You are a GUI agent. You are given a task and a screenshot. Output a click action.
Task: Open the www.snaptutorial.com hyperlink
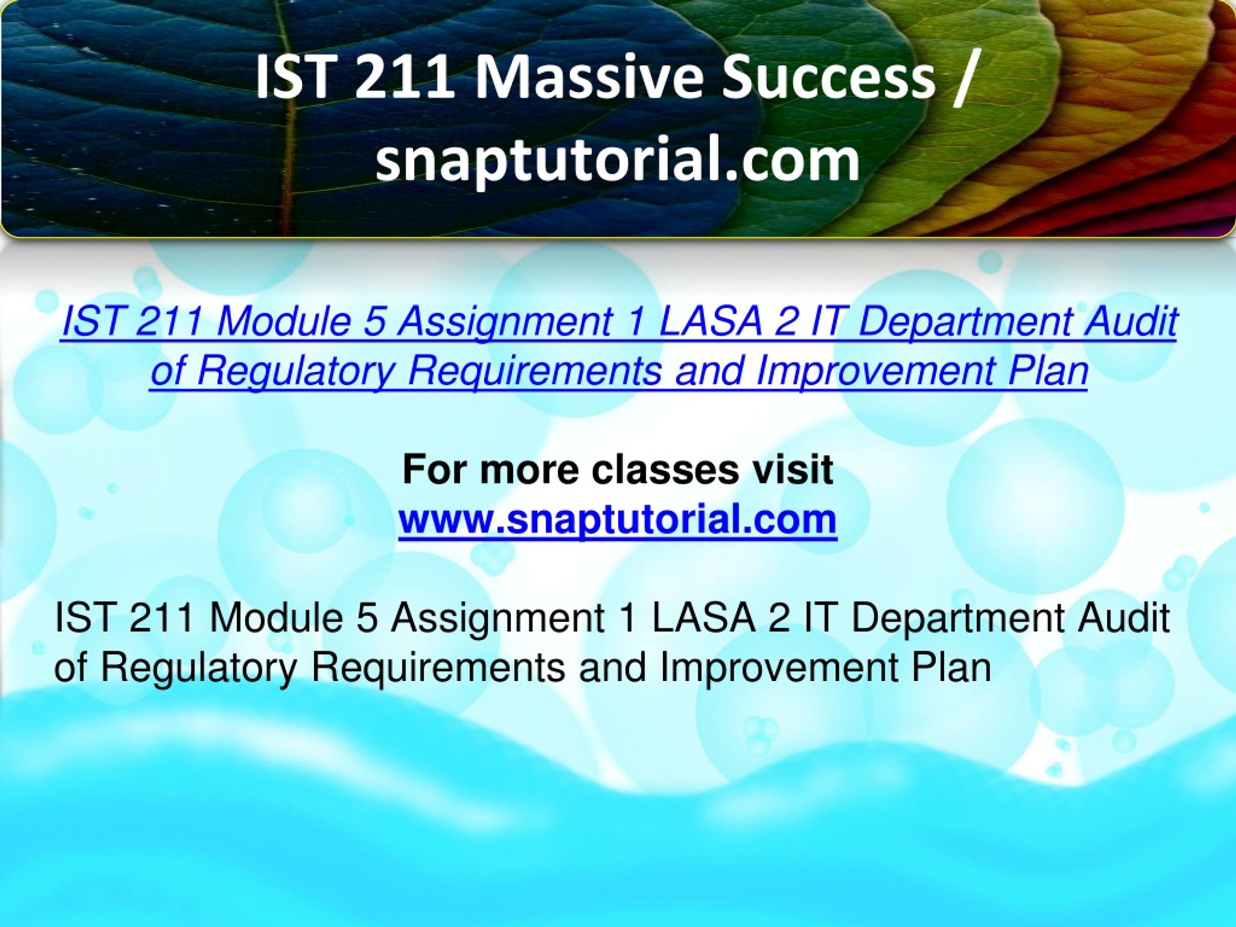618,520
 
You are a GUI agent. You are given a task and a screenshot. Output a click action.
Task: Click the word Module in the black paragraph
276,618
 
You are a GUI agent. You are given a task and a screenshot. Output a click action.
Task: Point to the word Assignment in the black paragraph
497,618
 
